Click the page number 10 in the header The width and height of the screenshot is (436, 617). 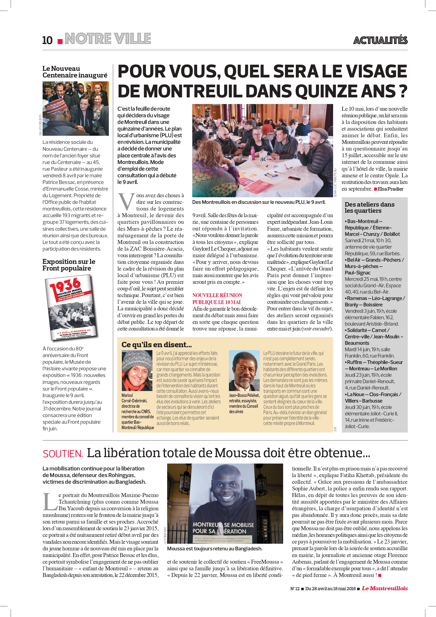pyautogui.click(x=47, y=40)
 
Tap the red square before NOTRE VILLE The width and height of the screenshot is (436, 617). pyautogui.click(x=60, y=41)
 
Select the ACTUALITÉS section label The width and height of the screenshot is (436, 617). pyautogui.click(x=380, y=40)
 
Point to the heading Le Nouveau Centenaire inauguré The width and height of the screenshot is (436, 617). pyautogui.click(x=75, y=72)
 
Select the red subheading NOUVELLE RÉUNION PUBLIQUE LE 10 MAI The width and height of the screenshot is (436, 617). pyautogui.click(x=217, y=299)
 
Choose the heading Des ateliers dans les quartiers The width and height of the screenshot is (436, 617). pyautogui.click(x=369, y=208)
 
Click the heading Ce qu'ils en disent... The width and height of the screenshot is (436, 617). pyautogui.click(x=157, y=345)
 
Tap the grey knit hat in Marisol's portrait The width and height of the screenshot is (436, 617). pyautogui.click(x=137, y=359)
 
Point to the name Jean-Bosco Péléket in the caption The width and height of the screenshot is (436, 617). pyautogui.click(x=244, y=395)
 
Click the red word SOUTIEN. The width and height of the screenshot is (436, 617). pyautogui.click(x=63, y=454)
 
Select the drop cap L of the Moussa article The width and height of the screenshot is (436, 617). pyautogui.click(x=50, y=502)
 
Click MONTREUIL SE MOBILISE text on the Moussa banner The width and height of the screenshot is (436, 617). pyautogui.click(x=223, y=525)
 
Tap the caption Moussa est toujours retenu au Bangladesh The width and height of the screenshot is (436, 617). pyautogui.click(x=214, y=548)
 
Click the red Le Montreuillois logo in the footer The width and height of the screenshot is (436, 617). pyautogui.click(x=384, y=588)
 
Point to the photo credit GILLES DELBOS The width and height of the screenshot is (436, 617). pyautogui.click(x=40, y=125)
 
